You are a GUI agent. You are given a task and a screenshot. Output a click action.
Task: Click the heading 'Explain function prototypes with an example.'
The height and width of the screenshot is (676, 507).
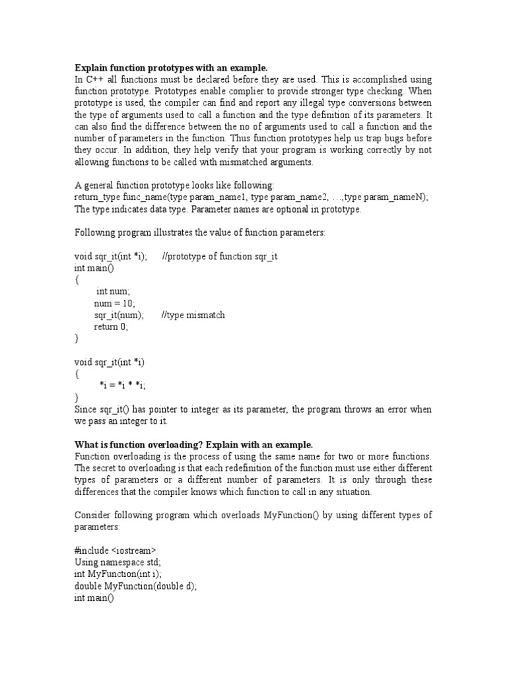point(171,68)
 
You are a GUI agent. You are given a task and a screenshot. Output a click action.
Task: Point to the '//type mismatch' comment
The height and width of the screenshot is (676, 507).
point(193,315)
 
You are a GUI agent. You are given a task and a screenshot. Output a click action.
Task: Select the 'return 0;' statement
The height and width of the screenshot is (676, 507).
point(111,327)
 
